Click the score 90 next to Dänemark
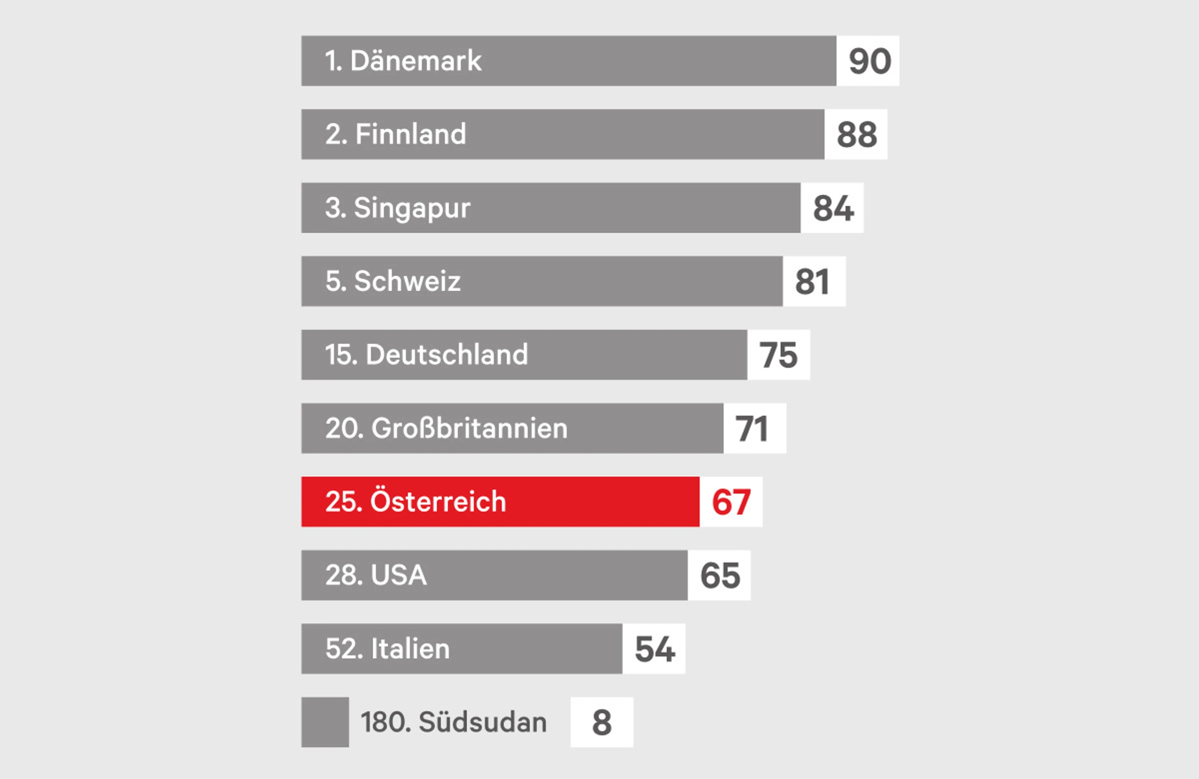click(x=870, y=61)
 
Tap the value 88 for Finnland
click(x=857, y=134)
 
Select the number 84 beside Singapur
click(x=833, y=208)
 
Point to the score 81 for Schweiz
click(x=812, y=281)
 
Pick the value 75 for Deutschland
click(x=778, y=355)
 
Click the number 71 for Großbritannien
click(x=752, y=428)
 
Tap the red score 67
click(x=731, y=502)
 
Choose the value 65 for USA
click(x=720, y=575)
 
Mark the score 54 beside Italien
click(x=654, y=649)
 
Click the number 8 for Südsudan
click(x=601, y=723)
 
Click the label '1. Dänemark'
click(x=403, y=61)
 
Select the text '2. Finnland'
click(x=395, y=134)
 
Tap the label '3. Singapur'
click(x=398, y=208)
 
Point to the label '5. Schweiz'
click(x=393, y=281)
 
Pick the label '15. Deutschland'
click(x=426, y=355)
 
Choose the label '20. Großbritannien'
click(x=446, y=428)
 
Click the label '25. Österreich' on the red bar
click(x=415, y=502)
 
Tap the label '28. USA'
click(x=376, y=575)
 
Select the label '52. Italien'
click(x=387, y=649)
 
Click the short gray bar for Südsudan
click(x=325, y=723)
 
